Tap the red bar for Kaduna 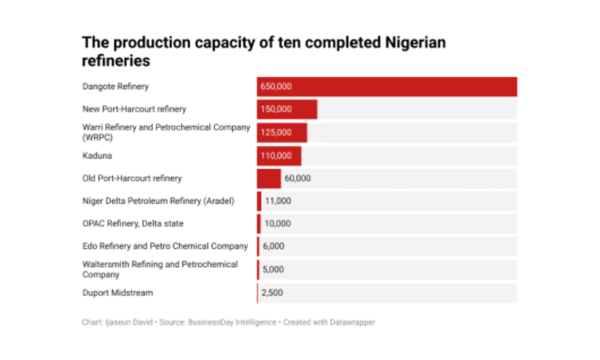tap(280, 156)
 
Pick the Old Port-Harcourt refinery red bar tap(269, 178)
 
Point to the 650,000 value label tap(276, 86)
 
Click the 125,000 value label tap(276, 133)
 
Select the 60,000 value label tap(298, 178)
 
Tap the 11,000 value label tap(278, 201)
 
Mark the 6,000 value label tap(274, 246)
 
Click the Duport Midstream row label tap(118, 293)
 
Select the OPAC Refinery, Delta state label tap(133, 224)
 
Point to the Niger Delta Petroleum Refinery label tap(158, 201)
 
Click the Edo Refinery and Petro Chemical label tap(165, 246)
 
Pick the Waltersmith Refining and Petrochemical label tap(160, 269)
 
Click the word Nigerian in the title tap(414, 43)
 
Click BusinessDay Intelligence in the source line tap(231, 322)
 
